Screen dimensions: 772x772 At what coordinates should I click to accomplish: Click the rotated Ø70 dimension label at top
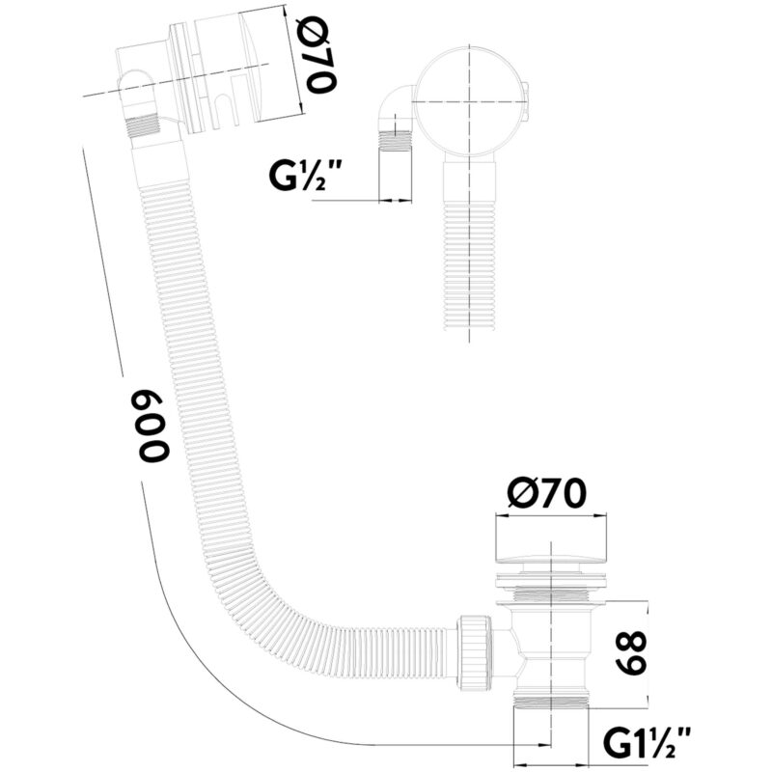click(321, 55)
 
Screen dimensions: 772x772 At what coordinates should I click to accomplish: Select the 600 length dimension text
click(153, 427)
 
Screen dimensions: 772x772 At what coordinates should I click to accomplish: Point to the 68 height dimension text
click(631, 653)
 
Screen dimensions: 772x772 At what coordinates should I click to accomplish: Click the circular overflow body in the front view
click(469, 102)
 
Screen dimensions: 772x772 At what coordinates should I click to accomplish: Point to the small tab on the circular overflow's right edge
click(527, 102)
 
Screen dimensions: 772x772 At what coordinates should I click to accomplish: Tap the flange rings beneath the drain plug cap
click(550, 582)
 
